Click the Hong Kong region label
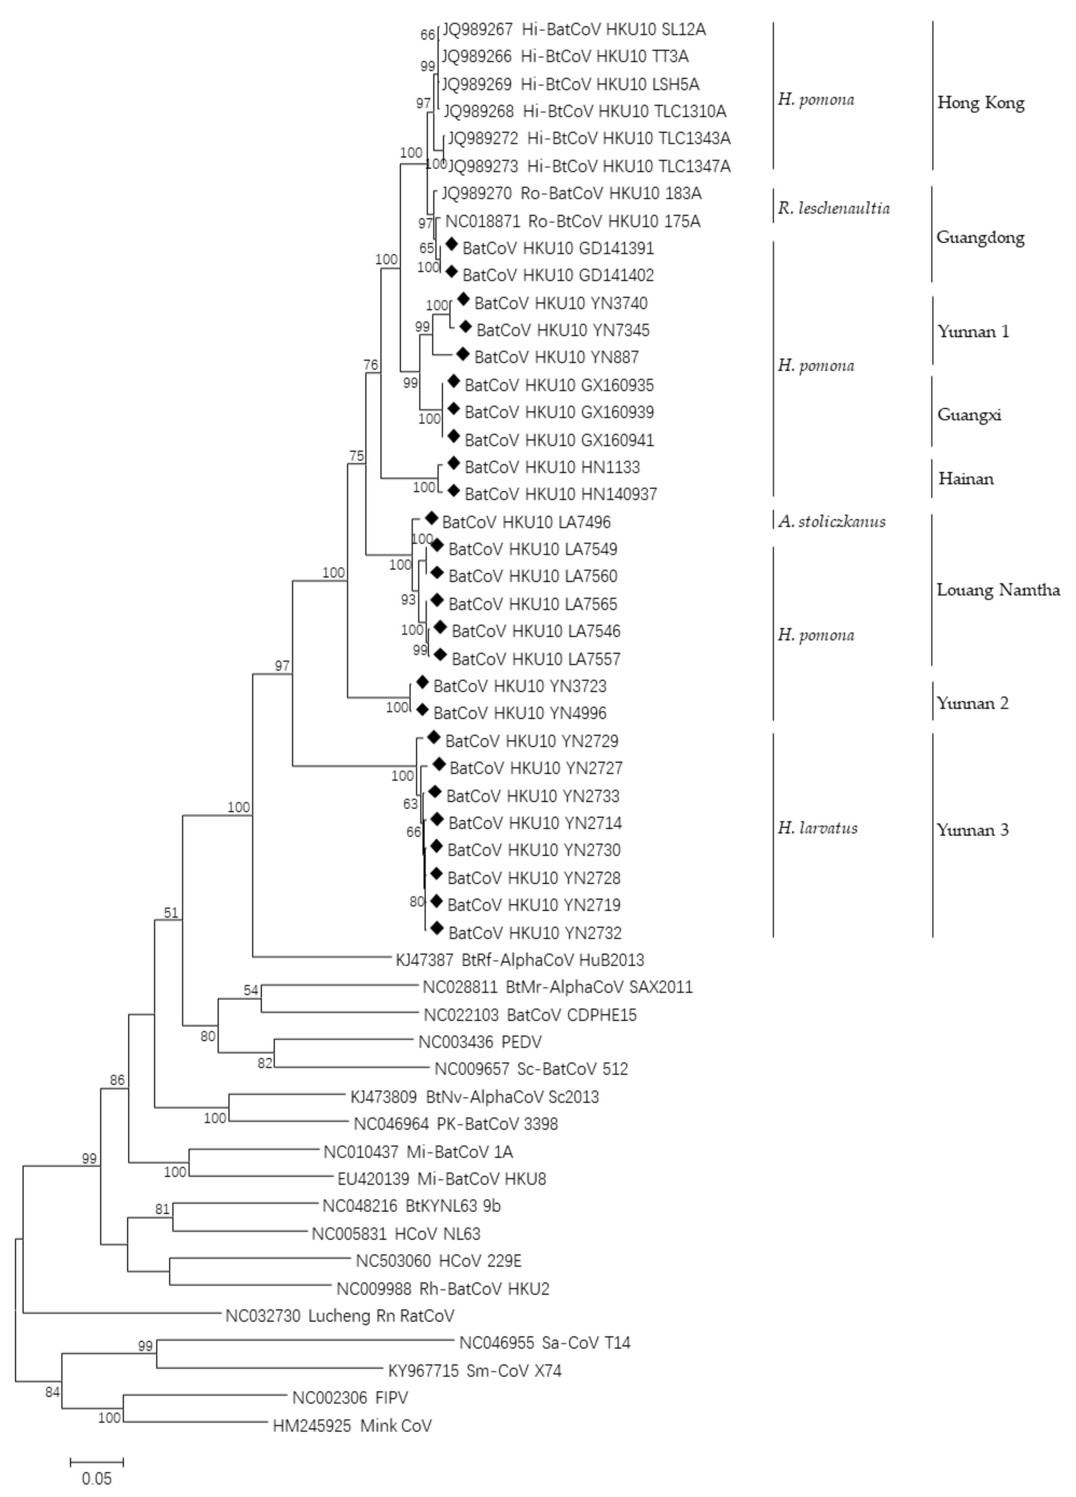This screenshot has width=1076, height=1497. coord(980,103)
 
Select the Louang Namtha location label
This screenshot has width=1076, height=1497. coord(997,590)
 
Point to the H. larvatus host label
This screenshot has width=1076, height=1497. coord(817,828)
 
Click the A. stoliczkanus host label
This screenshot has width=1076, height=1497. coord(831,521)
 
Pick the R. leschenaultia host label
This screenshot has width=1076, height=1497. coord(833,208)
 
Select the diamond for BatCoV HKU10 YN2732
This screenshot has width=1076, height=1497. coord(436,929)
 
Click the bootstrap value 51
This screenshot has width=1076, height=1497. coord(171,913)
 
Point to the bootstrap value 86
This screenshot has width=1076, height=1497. coord(117,1080)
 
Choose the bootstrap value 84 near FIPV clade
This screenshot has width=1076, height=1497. coord(52,1392)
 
